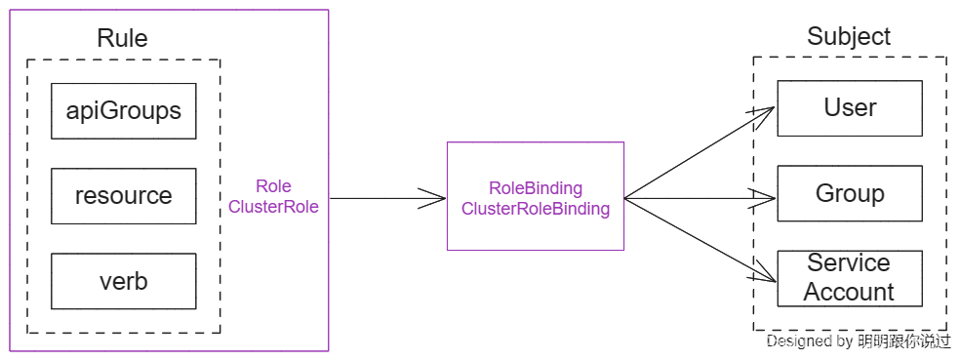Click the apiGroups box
tap(124, 111)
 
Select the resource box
tap(124, 196)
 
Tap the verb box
tap(124, 282)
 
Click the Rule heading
tap(123, 39)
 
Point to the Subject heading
tap(849, 37)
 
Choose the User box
tap(849, 107)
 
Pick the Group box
tap(849, 193)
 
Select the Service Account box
tap(849, 278)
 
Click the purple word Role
tap(273, 186)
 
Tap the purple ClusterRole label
tap(273, 207)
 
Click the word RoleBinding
tap(535, 188)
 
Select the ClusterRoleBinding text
tap(535, 209)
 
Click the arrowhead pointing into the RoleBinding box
tap(435, 199)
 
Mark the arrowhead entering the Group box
tap(767, 200)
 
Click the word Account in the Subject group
tap(849, 292)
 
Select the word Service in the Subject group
tap(849, 263)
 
